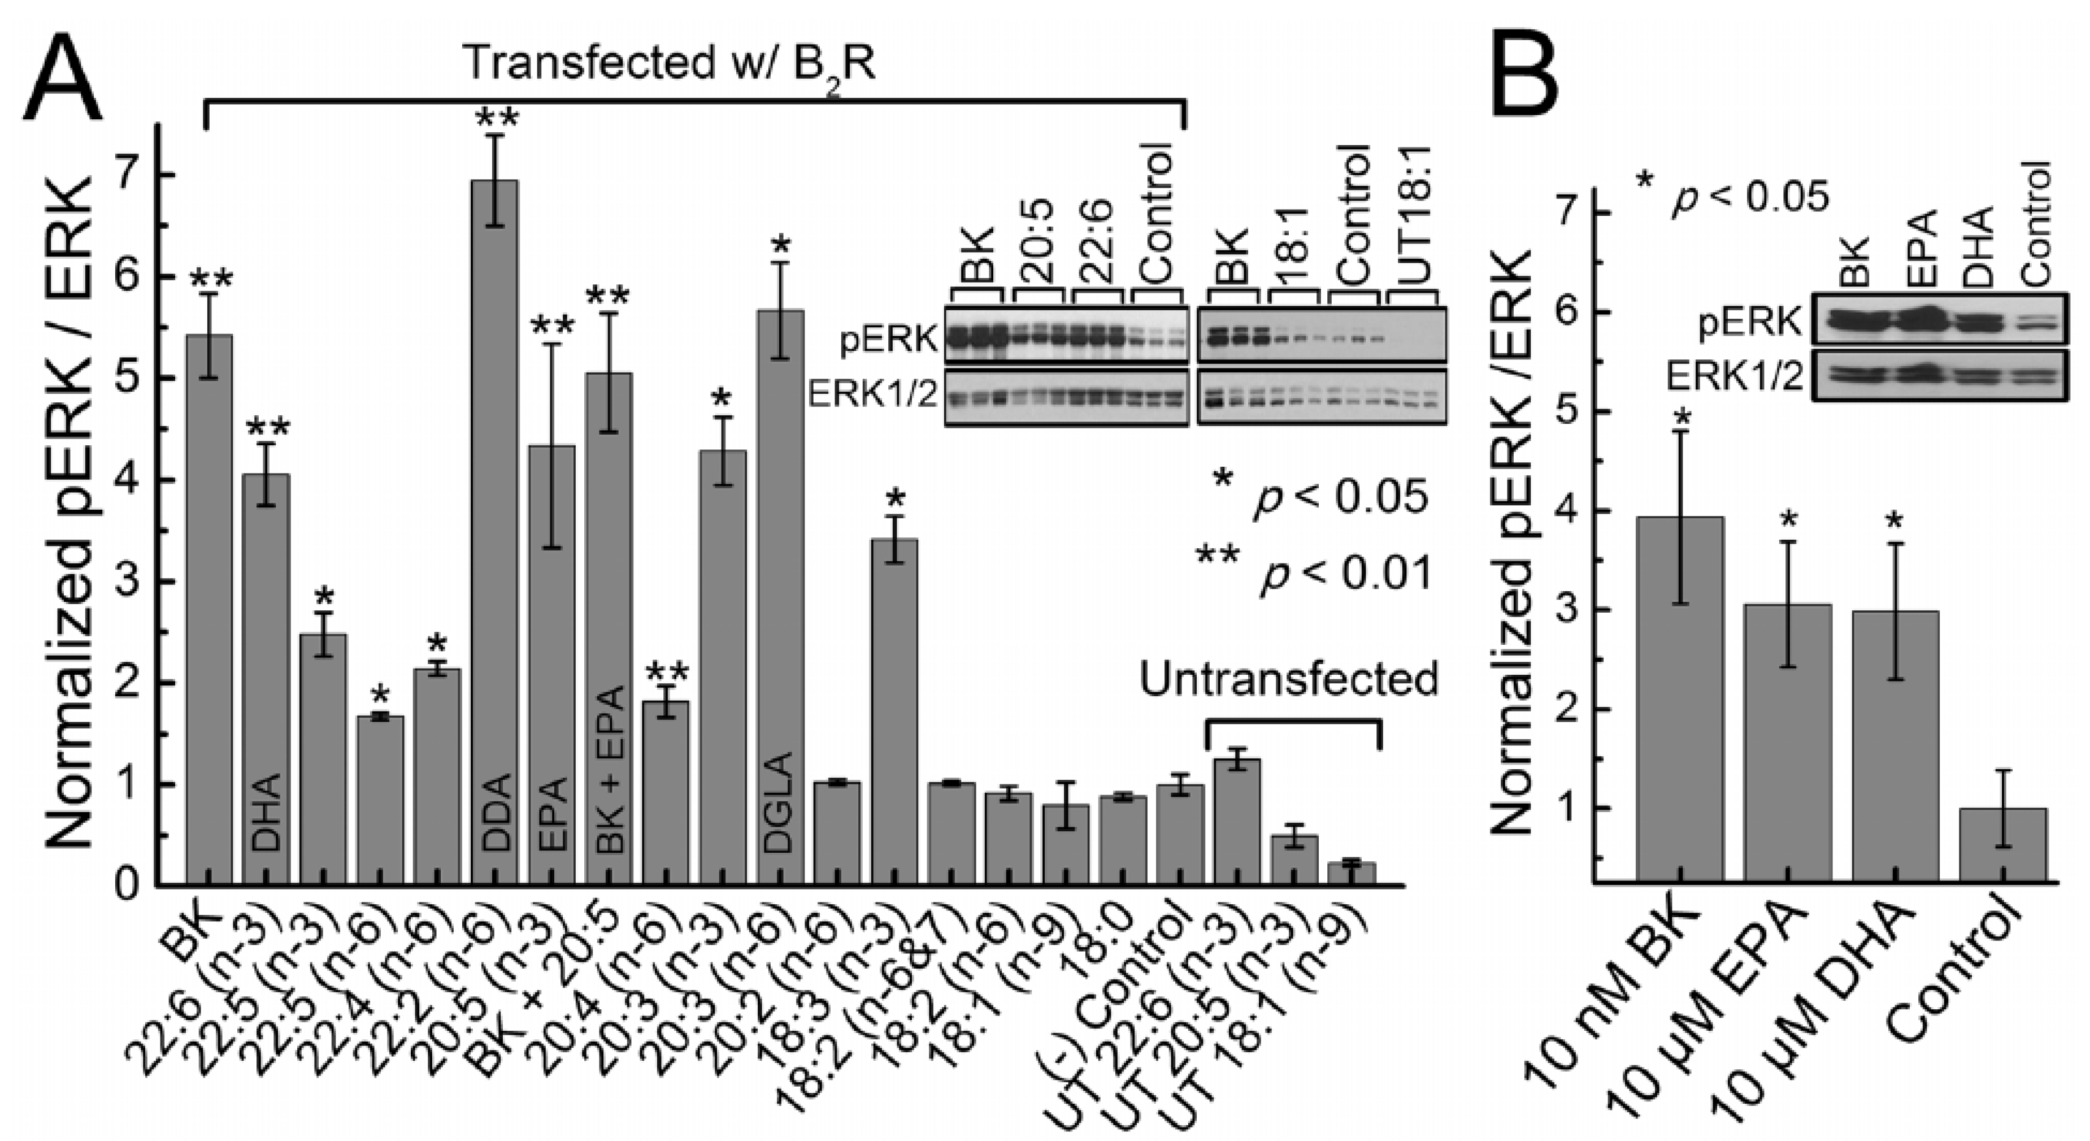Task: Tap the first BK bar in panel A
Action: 208,609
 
